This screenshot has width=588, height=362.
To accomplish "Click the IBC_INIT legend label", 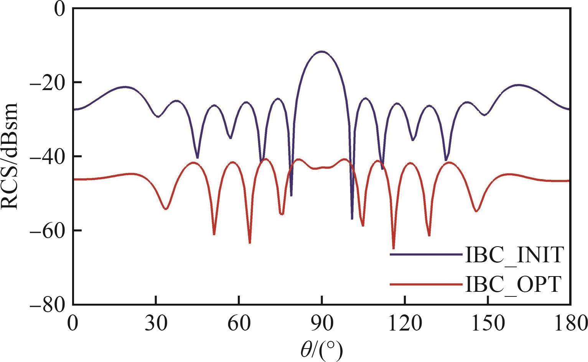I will coord(514,255).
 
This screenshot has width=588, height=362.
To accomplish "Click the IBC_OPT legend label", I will coord(513,285).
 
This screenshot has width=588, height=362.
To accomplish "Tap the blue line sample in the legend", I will coord(426,254).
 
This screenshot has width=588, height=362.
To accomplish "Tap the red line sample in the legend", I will coord(426,284).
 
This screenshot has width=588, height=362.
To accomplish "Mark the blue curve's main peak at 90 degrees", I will coord(321,51).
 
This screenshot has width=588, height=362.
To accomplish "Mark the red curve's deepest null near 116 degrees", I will coord(394,248).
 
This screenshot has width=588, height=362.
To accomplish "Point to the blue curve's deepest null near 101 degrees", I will coord(352,219).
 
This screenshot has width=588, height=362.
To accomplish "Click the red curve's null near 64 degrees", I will coord(250,243).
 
